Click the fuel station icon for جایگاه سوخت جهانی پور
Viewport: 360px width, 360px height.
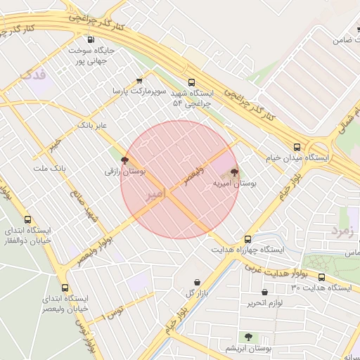tap(89, 39)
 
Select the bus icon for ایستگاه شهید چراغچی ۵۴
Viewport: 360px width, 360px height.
tap(192, 82)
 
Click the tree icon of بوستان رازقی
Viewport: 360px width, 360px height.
tap(125, 160)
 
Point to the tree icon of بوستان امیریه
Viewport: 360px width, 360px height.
tap(234, 172)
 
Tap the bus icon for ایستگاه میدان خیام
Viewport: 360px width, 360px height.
tap(297, 148)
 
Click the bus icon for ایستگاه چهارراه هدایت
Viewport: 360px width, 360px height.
tap(247, 239)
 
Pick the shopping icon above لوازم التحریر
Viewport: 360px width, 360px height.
tap(264, 292)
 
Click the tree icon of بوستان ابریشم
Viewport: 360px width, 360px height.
tap(247, 337)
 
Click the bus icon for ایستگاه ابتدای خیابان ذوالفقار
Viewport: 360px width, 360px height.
tap(28, 219)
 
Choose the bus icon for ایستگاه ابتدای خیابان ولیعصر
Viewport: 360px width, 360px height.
tap(65, 288)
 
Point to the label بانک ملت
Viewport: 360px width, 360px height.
tap(49, 169)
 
